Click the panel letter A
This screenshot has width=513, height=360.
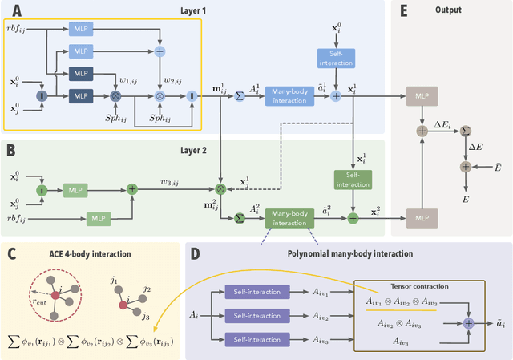tap(15, 12)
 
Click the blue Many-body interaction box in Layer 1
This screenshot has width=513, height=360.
tap(288, 94)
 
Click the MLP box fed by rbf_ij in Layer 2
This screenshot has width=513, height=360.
tap(98, 218)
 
